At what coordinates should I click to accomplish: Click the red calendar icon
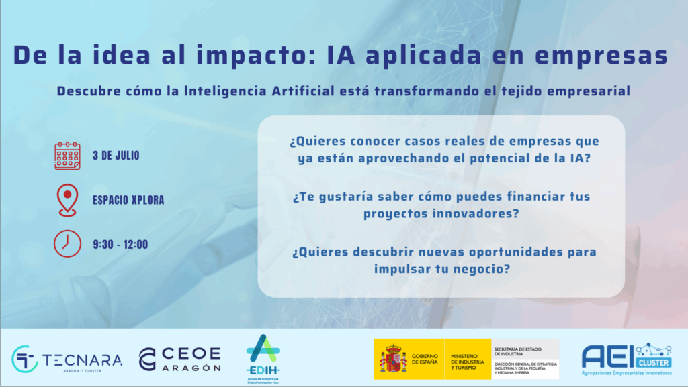(x=67, y=156)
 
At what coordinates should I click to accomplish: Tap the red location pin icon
(x=67, y=200)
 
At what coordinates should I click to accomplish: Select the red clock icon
(x=67, y=243)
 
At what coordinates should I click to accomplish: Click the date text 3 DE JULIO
(x=116, y=156)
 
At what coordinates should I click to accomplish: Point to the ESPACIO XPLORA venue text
(x=128, y=200)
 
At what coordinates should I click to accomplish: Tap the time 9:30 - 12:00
(x=120, y=244)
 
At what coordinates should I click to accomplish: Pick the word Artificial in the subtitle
(x=303, y=91)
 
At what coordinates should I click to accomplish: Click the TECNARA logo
(x=67, y=360)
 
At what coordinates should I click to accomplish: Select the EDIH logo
(x=263, y=359)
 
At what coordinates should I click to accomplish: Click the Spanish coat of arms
(x=393, y=359)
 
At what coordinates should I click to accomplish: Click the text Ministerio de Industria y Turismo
(x=467, y=362)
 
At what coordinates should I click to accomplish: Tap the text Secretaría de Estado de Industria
(x=518, y=351)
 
